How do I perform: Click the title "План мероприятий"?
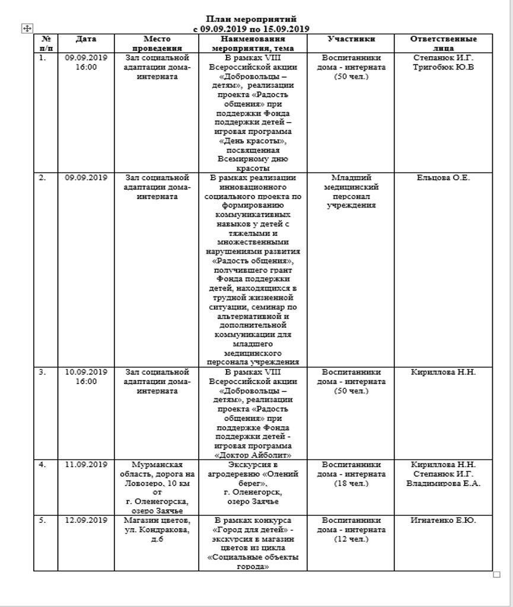(x=251, y=20)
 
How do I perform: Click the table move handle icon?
(x=27, y=28)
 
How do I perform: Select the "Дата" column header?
(x=86, y=39)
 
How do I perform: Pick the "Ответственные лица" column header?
(x=444, y=43)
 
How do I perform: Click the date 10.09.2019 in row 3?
(x=86, y=372)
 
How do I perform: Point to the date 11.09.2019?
(x=86, y=464)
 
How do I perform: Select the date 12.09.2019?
(x=86, y=520)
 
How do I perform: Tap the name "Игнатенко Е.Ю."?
(x=444, y=520)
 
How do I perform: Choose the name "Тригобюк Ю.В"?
(x=444, y=67)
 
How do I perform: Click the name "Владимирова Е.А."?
(x=444, y=483)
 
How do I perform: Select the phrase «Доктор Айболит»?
(x=253, y=455)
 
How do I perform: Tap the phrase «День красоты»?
(x=253, y=141)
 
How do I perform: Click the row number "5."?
(x=42, y=520)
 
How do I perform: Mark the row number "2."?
(x=42, y=178)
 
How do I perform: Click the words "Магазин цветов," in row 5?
(x=157, y=520)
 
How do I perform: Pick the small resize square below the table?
(x=497, y=574)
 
